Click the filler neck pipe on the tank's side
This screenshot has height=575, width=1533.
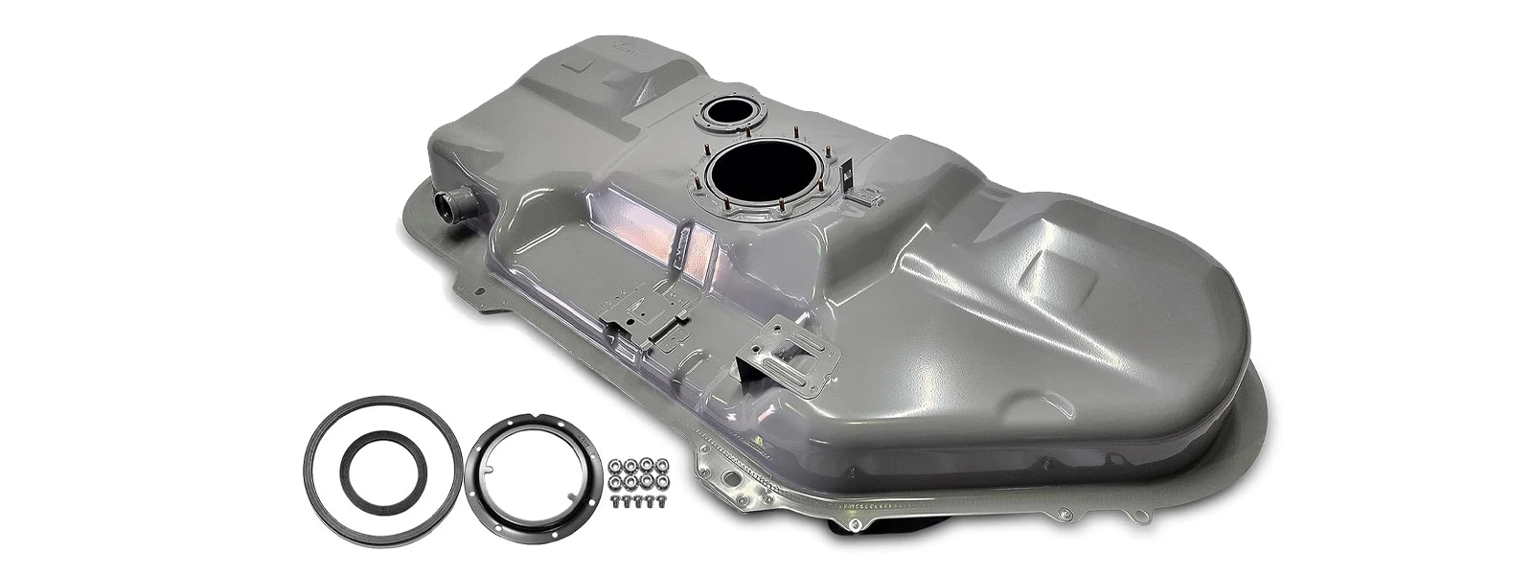pyautogui.click(x=450, y=204)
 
